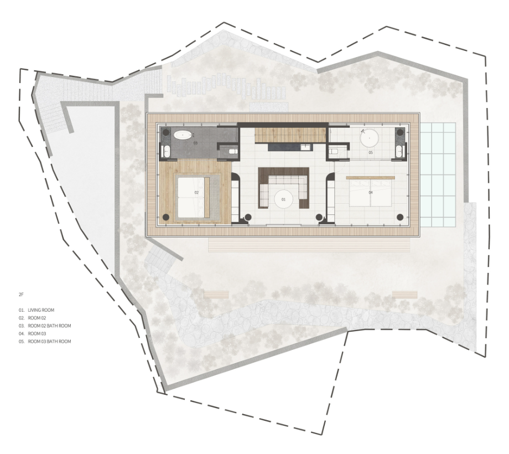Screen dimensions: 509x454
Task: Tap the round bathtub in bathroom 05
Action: [370, 138]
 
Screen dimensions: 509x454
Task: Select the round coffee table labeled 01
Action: [283, 199]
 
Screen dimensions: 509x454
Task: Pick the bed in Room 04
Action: [371, 193]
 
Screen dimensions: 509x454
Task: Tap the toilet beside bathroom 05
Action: [334, 151]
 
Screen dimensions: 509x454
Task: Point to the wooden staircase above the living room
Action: [290, 135]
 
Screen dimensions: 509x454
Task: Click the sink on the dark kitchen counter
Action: [305, 147]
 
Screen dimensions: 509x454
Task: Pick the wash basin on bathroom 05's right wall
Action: [399, 151]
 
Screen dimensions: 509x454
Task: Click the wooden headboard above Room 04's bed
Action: [370, 178]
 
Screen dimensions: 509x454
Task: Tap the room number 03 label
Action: [195, 143]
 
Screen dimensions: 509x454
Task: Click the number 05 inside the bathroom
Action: [370, 152]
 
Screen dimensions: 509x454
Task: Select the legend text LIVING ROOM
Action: [41, 310]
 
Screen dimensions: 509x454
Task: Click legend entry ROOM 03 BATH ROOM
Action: [49, 342]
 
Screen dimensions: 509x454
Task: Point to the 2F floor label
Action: [21, 295]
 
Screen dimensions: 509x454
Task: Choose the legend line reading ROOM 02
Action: [37, 318]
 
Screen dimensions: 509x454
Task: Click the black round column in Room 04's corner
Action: [400, 217]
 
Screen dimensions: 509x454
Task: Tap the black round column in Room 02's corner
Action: [166, 217]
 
